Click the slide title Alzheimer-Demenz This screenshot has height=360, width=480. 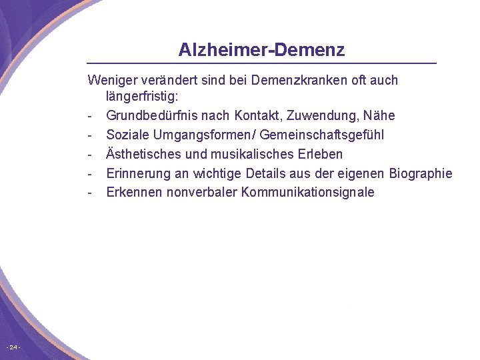click(x=261, y=50)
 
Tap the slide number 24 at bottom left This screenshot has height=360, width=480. click(x=13, y=347)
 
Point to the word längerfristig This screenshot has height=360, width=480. click(x=142, y=97)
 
